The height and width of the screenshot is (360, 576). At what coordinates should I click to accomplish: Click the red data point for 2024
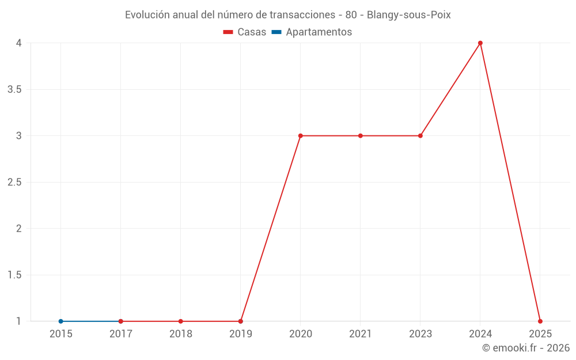[x=480, y=43]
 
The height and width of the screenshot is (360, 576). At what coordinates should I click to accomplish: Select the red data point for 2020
[x=301, y=136]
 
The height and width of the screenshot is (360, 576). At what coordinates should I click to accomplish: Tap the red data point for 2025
[x=540, y=321]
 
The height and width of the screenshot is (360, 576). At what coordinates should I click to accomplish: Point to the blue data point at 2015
[x=60, y=321]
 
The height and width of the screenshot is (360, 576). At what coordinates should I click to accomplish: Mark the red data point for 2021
[x=361, y=136]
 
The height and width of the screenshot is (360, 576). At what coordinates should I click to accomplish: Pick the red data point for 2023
[x=420, y=136]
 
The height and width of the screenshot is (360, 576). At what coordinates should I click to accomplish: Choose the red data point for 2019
[x=241, y=321]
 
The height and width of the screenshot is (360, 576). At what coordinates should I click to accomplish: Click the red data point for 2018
[x=181, y=321]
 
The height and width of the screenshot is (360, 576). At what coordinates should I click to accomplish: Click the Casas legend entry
[x=245, y=32]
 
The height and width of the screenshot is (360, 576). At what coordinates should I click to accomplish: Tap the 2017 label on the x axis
[x=121, y=334]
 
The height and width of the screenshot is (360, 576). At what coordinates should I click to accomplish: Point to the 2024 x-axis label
[x=480, y=334]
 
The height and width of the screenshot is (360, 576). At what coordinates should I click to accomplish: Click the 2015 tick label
[x=61, y=334]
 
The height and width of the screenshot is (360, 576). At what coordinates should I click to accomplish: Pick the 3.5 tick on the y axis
[x=14, y=89]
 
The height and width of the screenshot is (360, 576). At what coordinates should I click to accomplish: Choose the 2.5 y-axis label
[x=14, y=182]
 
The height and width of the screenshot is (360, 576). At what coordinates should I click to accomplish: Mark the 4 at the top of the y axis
[x=19, y=43]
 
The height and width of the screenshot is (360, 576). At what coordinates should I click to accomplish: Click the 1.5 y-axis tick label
[x=14, y=275]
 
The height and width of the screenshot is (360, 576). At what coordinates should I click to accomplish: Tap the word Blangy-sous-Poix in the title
[x=408, y=15]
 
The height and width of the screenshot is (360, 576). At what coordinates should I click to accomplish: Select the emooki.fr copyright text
[x=526, y=348]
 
